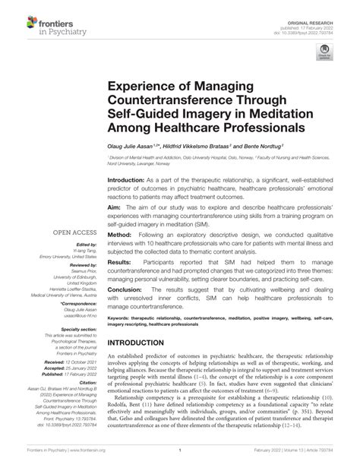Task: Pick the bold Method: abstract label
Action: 122,234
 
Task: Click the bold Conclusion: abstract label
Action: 127,289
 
